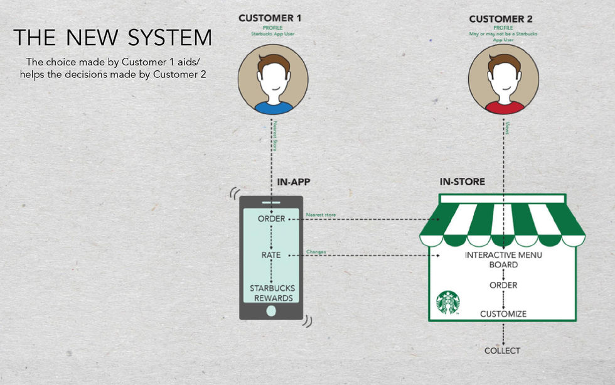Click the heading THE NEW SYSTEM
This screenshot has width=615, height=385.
(113, 38)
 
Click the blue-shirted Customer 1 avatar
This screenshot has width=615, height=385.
(273, 82)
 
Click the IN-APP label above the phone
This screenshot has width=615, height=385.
(294, 183)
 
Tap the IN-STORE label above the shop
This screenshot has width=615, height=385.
(462, 183)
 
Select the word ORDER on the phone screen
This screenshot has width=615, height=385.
(271, 219)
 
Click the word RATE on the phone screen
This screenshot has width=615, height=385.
(271, 256)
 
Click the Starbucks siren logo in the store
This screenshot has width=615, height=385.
(448, 302)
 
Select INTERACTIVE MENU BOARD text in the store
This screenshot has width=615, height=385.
(503, 260)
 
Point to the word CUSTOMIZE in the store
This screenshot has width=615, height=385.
(503, 313)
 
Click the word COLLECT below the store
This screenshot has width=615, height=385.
(502, 350)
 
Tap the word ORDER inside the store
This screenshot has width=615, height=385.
(503, 285)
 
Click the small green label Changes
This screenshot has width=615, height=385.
(316, 252)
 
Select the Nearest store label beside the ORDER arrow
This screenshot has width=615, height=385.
(320, 215)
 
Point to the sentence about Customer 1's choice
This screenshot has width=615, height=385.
(113, 68)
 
